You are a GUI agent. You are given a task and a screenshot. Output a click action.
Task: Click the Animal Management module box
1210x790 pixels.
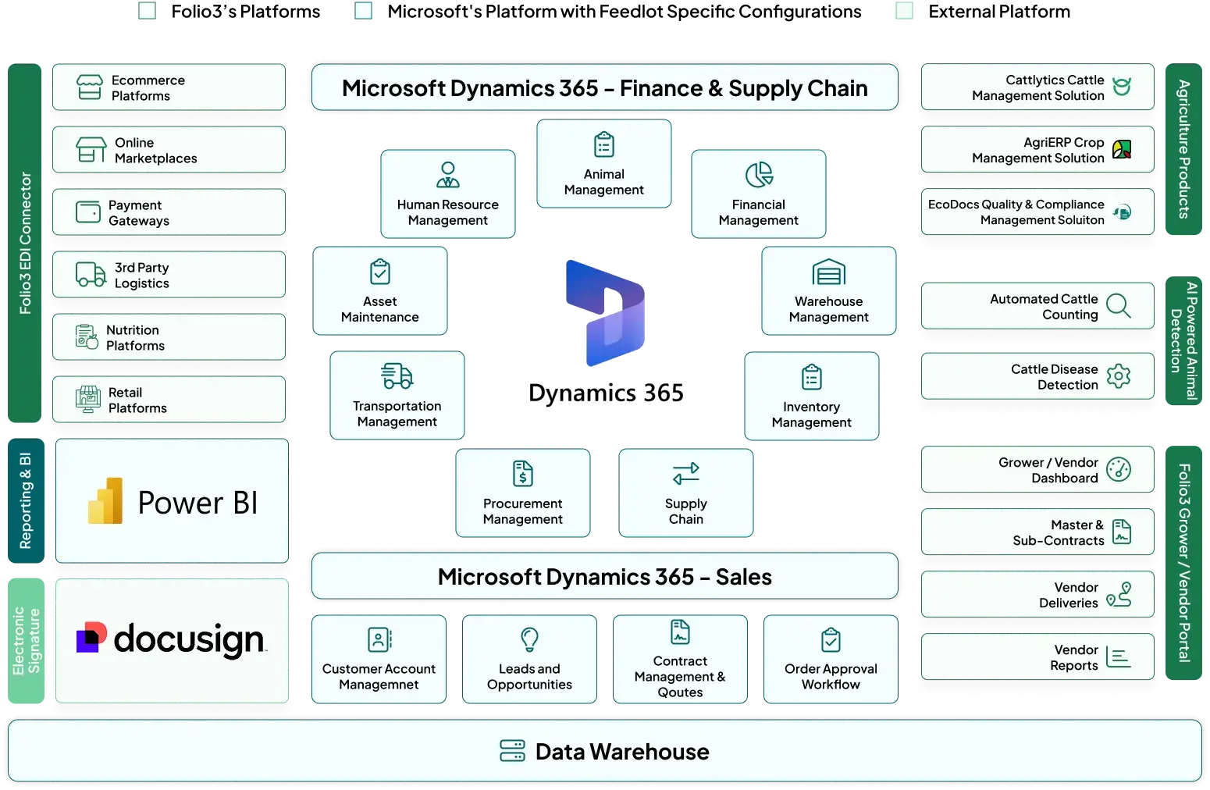pyautogui.click(x=603, y=164)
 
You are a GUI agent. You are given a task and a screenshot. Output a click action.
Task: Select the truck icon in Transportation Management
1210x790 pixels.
pyautogui.click(x=397, y=376)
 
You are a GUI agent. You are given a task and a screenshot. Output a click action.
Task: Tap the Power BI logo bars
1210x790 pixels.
pyautogui.click(x=105, y=500)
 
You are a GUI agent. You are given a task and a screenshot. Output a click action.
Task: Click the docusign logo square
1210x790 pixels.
pyautogui.click(x=91, y=638)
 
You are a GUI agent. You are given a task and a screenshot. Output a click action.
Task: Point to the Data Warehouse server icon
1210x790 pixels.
pyautogui.click(x=512, y=751)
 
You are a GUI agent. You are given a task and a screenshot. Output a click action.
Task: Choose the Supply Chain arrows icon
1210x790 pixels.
pyautogui.click(x=685, y=474)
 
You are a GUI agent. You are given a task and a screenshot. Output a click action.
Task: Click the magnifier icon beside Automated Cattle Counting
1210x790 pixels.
pyautogui.click(x=1118, y=306)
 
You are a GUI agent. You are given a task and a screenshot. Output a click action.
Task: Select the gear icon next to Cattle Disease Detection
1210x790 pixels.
pyautogui.click(x=1118, y=376)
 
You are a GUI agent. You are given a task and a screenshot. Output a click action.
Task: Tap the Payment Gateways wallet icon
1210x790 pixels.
pyautogui.click(x=88, y=212)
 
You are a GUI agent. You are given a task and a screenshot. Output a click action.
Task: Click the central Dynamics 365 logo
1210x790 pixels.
pyautogui.click(x=605, y=313)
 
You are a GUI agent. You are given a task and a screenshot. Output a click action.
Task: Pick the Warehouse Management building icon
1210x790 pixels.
pyautogui.click(x=828, y=272)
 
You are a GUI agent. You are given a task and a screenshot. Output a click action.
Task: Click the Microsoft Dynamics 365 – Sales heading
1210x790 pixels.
pyautogui.click(x=604, y=577)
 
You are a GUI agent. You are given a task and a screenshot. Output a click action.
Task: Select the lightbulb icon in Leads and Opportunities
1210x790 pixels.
pyautogui.click(x=529, y=639)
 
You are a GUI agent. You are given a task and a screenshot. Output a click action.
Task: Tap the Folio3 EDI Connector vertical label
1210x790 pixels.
pyautogui.click(x=25, y=243)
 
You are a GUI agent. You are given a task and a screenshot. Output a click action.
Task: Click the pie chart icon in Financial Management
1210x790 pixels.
pyautogui.click(x=758, y=175)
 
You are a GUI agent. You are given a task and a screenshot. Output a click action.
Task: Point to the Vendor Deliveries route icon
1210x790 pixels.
pyautogui.click(x=1119, y=594)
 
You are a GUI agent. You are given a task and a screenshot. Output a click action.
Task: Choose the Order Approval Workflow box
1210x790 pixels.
pyautogui.click(x=831, y=660)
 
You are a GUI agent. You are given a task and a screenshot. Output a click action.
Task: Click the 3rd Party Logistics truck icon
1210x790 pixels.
pyautogui.click(x=91, y=275)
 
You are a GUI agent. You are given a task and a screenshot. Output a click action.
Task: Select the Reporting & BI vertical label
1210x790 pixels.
pyautogui.click(x=25, y=501)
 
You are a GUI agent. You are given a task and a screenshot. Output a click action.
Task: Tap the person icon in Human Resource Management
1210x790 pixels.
pyautogui.click(x=447, y=175)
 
